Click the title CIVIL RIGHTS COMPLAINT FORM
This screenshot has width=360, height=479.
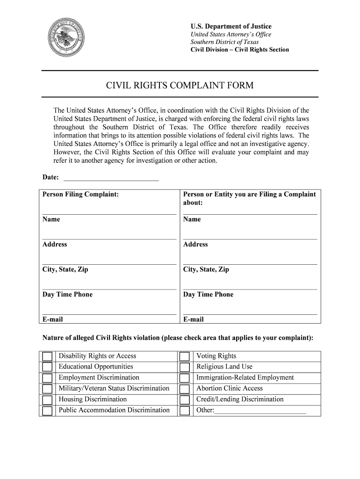(x=180, y=85)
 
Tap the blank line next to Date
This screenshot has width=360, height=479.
(x=111, y=177)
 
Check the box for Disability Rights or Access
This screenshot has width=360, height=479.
(x=47, y=356)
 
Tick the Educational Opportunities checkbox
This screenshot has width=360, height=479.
(x=47, y=367)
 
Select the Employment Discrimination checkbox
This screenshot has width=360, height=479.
(x=47, y=378)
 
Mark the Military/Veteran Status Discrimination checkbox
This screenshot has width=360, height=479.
(x=47, y=389)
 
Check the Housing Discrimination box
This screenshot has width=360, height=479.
(x=47, y=400)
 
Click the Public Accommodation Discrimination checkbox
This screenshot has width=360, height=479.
(x=47, y=411)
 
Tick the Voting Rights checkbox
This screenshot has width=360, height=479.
(x=185, y=356)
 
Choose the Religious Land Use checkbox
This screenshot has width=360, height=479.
(x=185, y=367)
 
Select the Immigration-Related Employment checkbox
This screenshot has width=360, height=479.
(x=185, y=378)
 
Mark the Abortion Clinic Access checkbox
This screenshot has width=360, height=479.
(x=185, y=389)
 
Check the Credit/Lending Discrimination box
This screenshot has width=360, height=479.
(x=185, y=400)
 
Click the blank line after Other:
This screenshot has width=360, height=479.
(x=260, y=411)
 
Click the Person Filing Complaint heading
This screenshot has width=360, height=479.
(x=80, y=194)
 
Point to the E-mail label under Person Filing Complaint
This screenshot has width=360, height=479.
(x=53, y=319)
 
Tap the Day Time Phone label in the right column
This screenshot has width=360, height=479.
(x=208, y=294)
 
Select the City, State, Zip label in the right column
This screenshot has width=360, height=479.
(x=206, y=269)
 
